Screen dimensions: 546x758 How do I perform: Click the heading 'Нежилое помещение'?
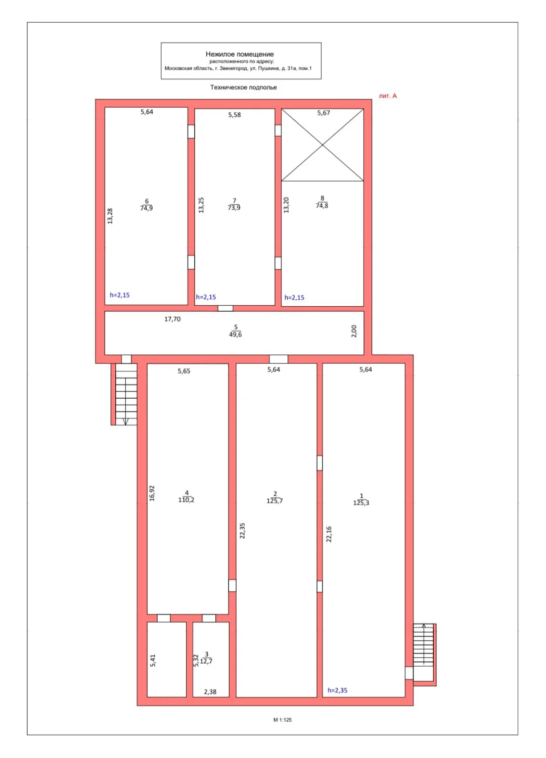coord(240,54)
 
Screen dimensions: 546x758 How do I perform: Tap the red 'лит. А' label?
coord(388,96)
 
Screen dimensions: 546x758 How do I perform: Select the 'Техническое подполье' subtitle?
coord(243,87)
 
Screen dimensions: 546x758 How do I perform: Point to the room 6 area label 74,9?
coord(147,208)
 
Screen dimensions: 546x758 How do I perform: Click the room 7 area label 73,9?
coord(234,207)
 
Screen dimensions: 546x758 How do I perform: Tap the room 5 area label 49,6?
coord(235,335)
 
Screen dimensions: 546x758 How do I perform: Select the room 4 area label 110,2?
coord(186,500)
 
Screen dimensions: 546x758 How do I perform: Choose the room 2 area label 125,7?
coord(275,501)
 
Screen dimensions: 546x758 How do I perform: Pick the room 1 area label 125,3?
coord(361,503)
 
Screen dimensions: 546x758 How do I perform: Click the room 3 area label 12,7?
coord(206,661)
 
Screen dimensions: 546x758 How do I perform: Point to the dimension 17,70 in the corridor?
coord(172,319)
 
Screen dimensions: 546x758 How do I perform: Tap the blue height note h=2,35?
coord(338,690)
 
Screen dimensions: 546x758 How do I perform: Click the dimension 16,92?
coord(152,493)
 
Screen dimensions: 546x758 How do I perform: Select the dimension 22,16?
coord(329,534)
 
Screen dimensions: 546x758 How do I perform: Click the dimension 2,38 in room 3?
coord(210,692)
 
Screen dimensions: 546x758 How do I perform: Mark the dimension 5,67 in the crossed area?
coord(323,113)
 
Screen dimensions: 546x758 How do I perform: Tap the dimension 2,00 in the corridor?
coord(354,331)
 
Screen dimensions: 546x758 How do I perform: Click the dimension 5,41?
coord(153,660)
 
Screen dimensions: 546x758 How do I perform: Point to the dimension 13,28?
coord(110,216)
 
